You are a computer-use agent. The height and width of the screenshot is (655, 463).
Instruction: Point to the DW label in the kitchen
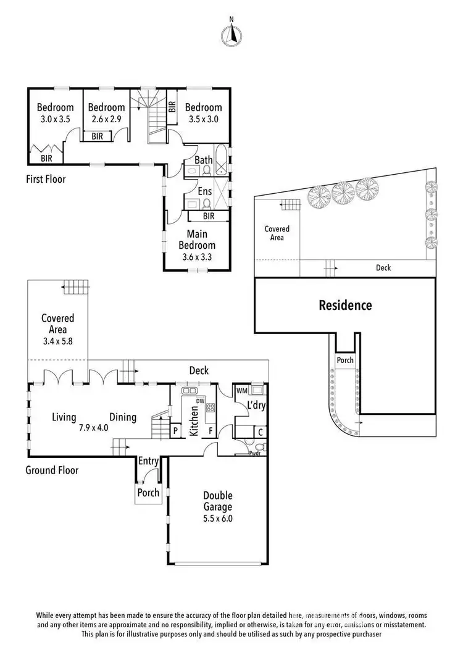click(x=200, y=401)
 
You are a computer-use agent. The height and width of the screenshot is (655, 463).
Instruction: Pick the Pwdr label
click(x=255, y=454)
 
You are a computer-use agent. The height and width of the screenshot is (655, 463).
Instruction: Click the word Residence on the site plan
click(x=345, y=305)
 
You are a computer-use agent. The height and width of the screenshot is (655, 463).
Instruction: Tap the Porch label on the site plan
click(x=344, y=360)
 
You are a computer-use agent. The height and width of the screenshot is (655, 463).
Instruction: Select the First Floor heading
click(x=46, y=180)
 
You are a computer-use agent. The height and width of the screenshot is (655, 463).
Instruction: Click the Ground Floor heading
click(x=52, y=470)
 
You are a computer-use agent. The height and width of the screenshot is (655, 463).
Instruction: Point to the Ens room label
click(x=204, y=191)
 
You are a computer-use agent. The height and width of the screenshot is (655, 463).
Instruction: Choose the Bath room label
click(x=204, y=161)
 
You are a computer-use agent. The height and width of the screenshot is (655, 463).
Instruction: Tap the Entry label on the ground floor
click(x=148, y=461)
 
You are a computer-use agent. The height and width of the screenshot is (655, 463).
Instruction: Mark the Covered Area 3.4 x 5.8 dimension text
click(x=58, y=340)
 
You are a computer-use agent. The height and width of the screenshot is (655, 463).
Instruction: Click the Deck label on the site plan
click(x=383, y=268)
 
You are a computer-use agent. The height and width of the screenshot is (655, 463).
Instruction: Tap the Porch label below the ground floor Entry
click(x=148, y=493)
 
